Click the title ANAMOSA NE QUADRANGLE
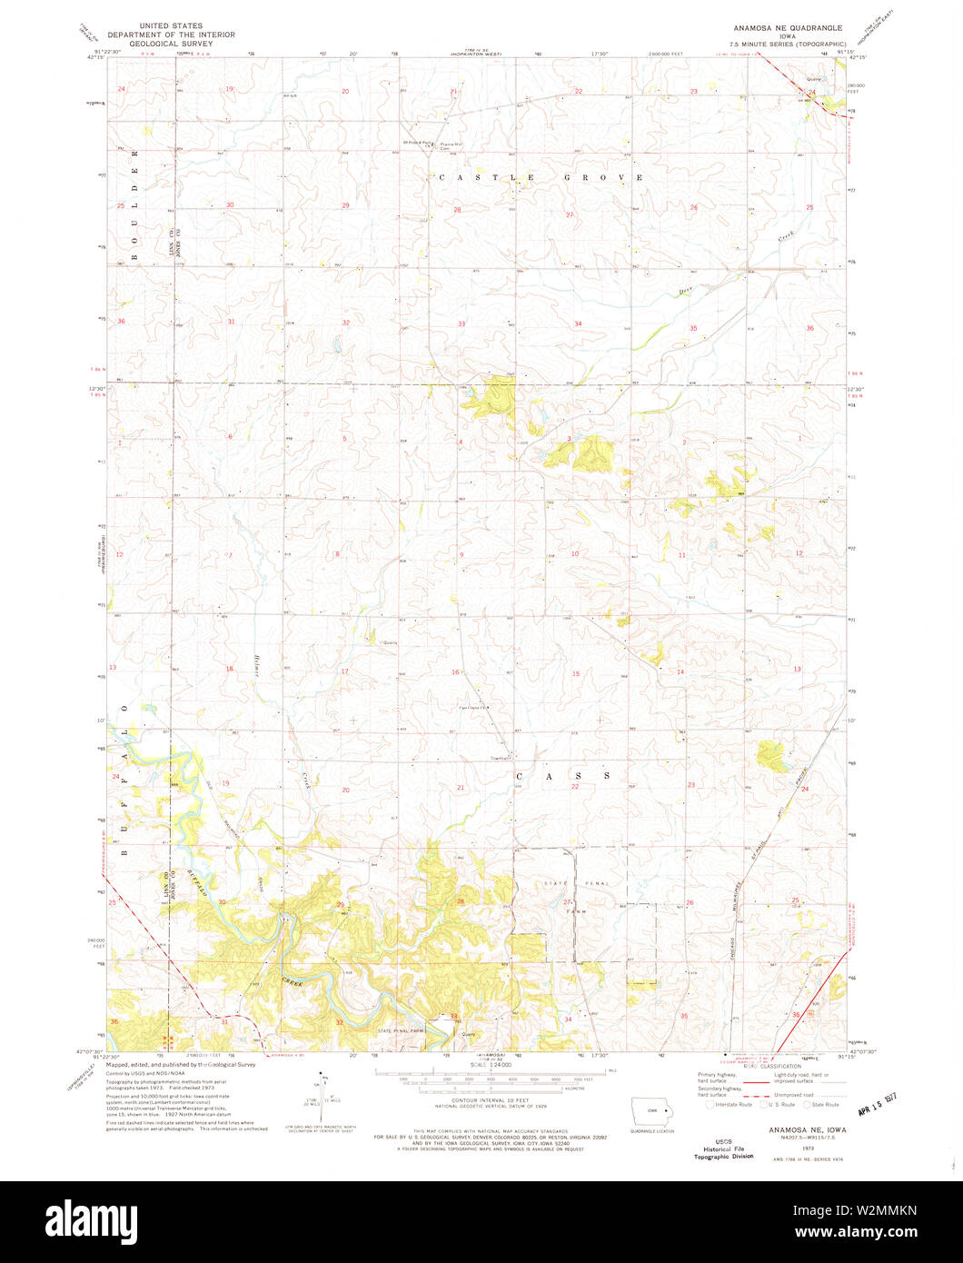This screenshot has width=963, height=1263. [787, 28]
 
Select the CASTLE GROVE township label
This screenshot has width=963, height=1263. [541, 177]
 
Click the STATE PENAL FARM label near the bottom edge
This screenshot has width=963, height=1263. [402, 1031]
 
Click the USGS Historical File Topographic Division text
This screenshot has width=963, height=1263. [723, 1149]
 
